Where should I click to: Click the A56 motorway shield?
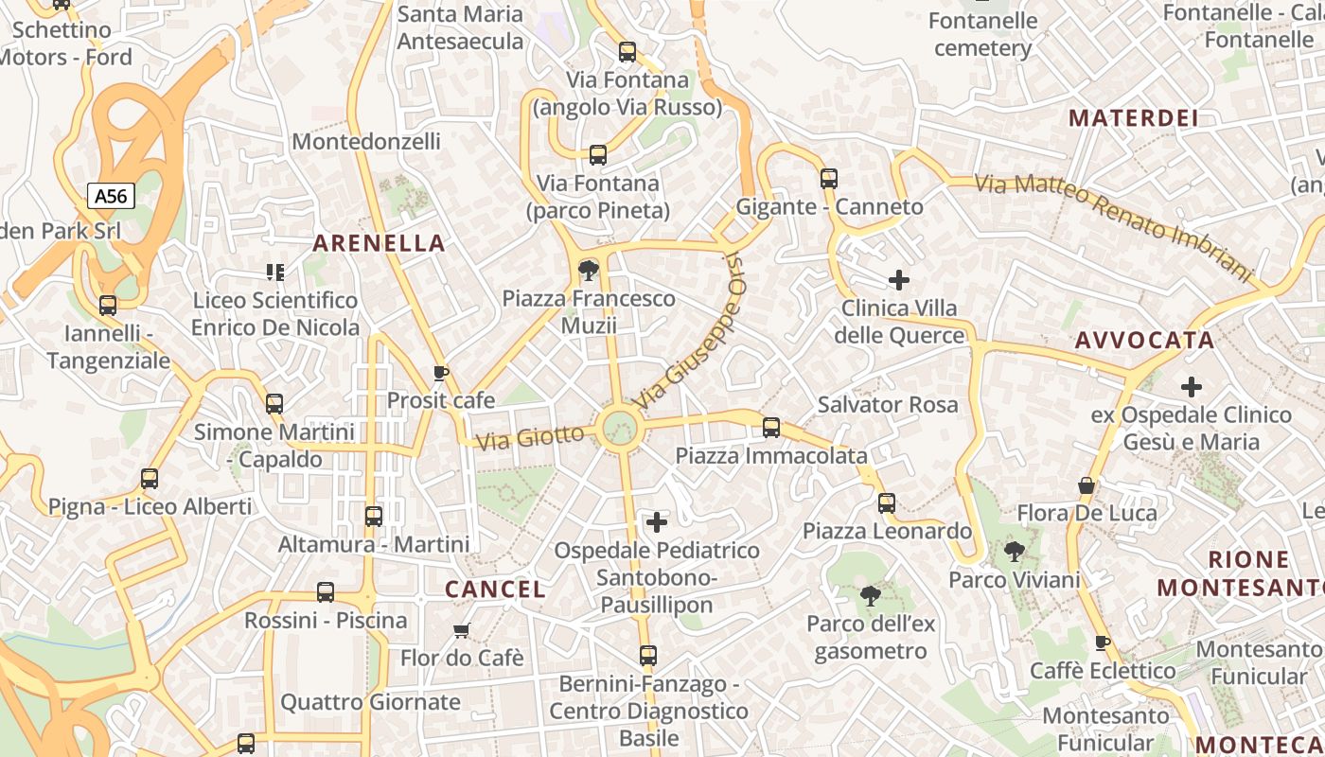pyautogui.click(x=111, y=196)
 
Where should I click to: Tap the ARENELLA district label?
pyautogui.click(x=379, y=243)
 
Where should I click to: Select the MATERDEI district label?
pyautogui.click(x=1133, y=118)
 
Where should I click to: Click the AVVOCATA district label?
pyautogui.click(x=1144, y=341)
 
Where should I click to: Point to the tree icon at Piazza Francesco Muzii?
pyautogui.click(x=588, y=272)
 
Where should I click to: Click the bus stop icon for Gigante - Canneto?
pyautogui.click(x=829, y=178)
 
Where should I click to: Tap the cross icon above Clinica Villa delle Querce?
pyautogui.click(x=899, y=280)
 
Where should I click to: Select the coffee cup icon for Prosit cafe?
pyautogui.click(x=440, y=373)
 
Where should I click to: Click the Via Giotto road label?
pyautogui.click(x=530, y=437)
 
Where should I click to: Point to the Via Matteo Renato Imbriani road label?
pyautogui.click(x=1113, y=223)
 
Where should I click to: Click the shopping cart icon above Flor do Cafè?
pyautogui.click(x=462, y=630)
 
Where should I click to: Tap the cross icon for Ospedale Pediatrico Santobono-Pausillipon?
pyautogui.click(x=657, y=521)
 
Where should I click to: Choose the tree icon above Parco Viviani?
pyautogui.click(x=1014, y=552)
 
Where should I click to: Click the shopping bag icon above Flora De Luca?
pyautogui.click(x=1086, y=485)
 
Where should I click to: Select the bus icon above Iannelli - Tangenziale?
pyautogui.click(x=108, y=306)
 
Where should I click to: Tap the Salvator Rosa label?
pyautogui.click(x=887, y=405)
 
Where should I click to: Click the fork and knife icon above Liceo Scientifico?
pyautogui.click(x=275, y=273)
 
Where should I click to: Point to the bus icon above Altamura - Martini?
pyautogui.click(x=374, y=517)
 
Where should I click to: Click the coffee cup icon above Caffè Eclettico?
pyautogui.click(x=1103, y=643)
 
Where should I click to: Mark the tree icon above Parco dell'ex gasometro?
pyautogui.click(x=870, y=596)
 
